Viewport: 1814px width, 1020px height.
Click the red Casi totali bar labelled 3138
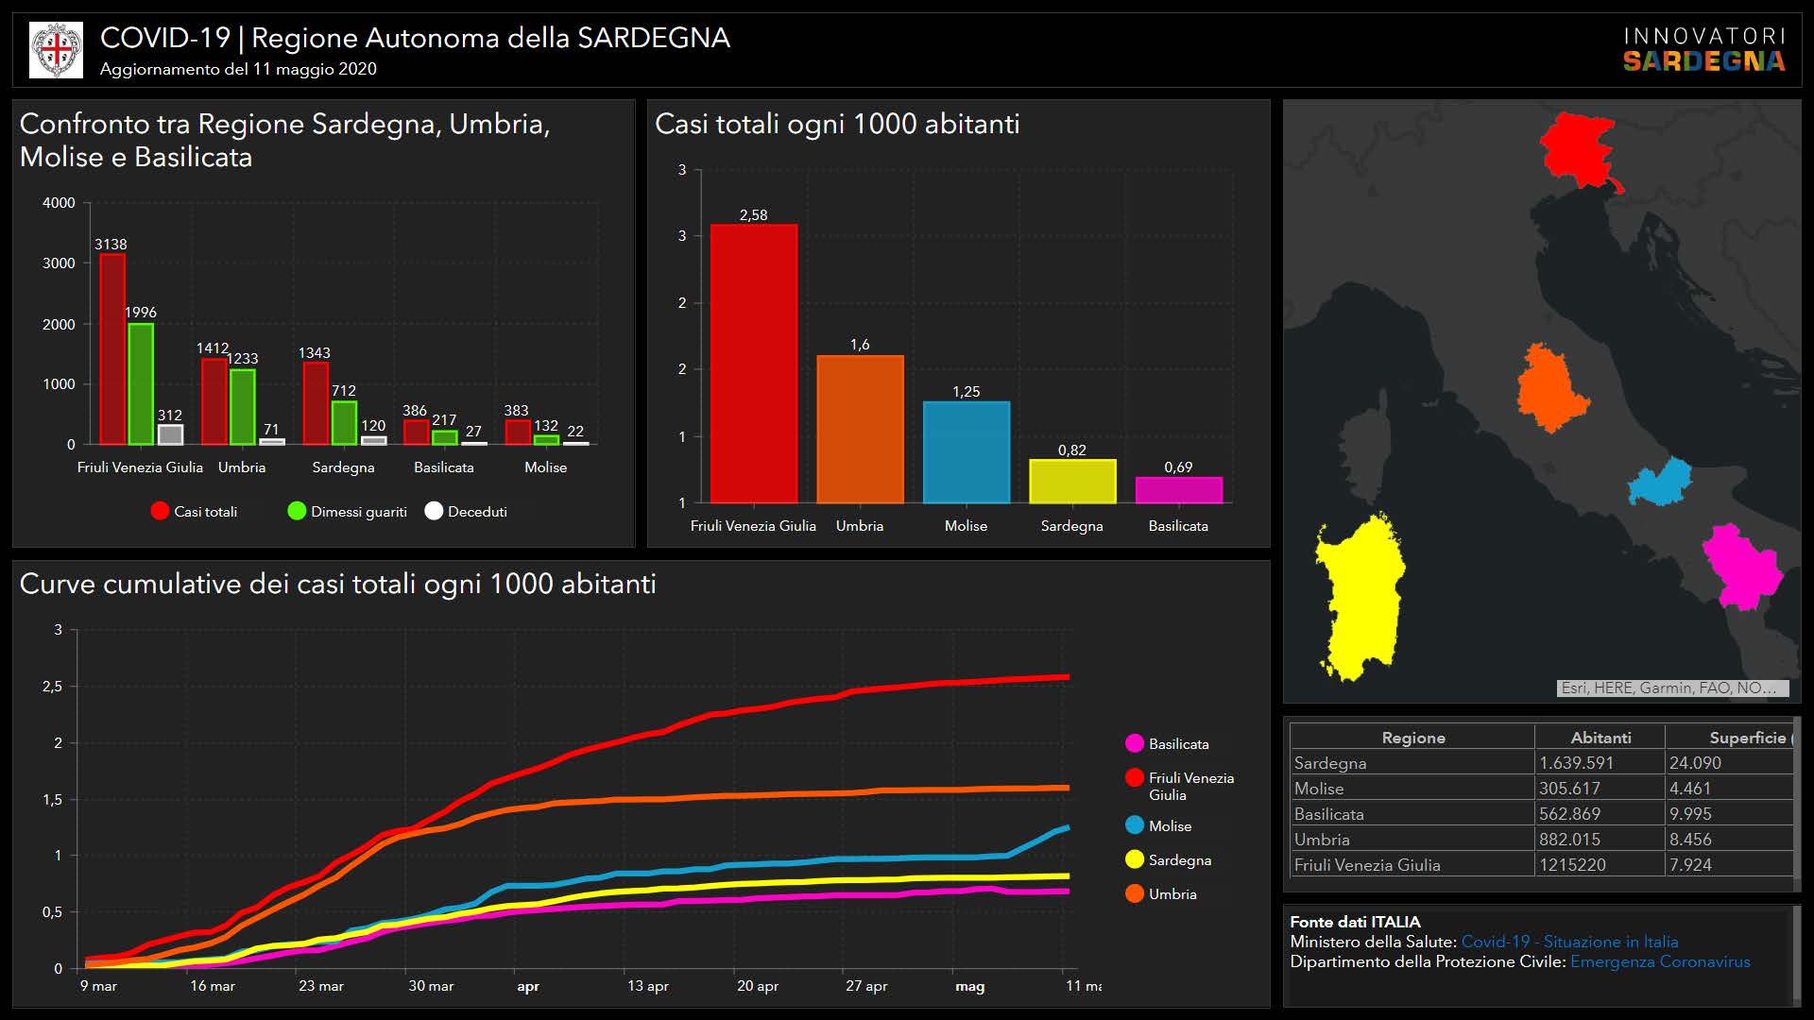click(x=112, y=349)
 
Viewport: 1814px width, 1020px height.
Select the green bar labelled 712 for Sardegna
click(x=344, y=423)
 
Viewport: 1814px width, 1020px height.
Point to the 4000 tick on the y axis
click(x=59, y=203)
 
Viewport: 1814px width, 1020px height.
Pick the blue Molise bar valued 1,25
click(x=966, y=452)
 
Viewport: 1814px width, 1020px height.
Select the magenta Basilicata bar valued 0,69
click(x=1178, y=490)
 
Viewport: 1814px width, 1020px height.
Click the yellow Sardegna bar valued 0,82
click(x=1071, y=481)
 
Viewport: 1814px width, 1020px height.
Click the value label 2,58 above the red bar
click(x=753, y=215)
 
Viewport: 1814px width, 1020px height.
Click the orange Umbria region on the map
click(x=1549, y=387)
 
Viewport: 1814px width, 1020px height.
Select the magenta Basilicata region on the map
click(x=1740, y=567)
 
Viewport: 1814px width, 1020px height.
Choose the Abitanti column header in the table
click(x=1600, y=738)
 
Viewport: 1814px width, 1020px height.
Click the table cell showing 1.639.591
click(x=1576, y=763)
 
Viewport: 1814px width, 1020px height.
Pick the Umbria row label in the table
click(x=1322, y=840)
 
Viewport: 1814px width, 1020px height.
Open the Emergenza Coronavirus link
click(x=1660, y=961)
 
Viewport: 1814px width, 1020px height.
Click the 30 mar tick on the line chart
click(x=431, y=986)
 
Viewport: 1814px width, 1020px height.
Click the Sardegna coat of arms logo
click(x=57, y=50)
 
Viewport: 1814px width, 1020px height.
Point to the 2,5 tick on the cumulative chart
click(x=53, y=687)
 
